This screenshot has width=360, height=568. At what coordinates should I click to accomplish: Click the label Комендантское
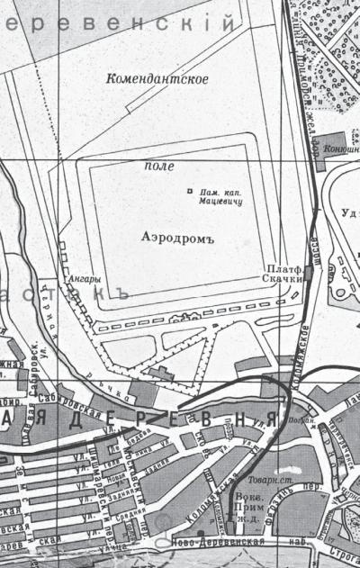(x=157, y=79)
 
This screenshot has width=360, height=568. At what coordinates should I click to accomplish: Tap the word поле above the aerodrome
(x=159, y=167)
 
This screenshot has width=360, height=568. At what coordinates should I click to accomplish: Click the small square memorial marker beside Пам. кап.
(x=189, y=191)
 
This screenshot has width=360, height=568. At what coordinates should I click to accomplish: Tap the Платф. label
(x=282, y=269)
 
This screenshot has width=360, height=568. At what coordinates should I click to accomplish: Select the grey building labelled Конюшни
(x=327, y=141)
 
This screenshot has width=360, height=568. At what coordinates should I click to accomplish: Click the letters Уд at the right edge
(x=350, y=213)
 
